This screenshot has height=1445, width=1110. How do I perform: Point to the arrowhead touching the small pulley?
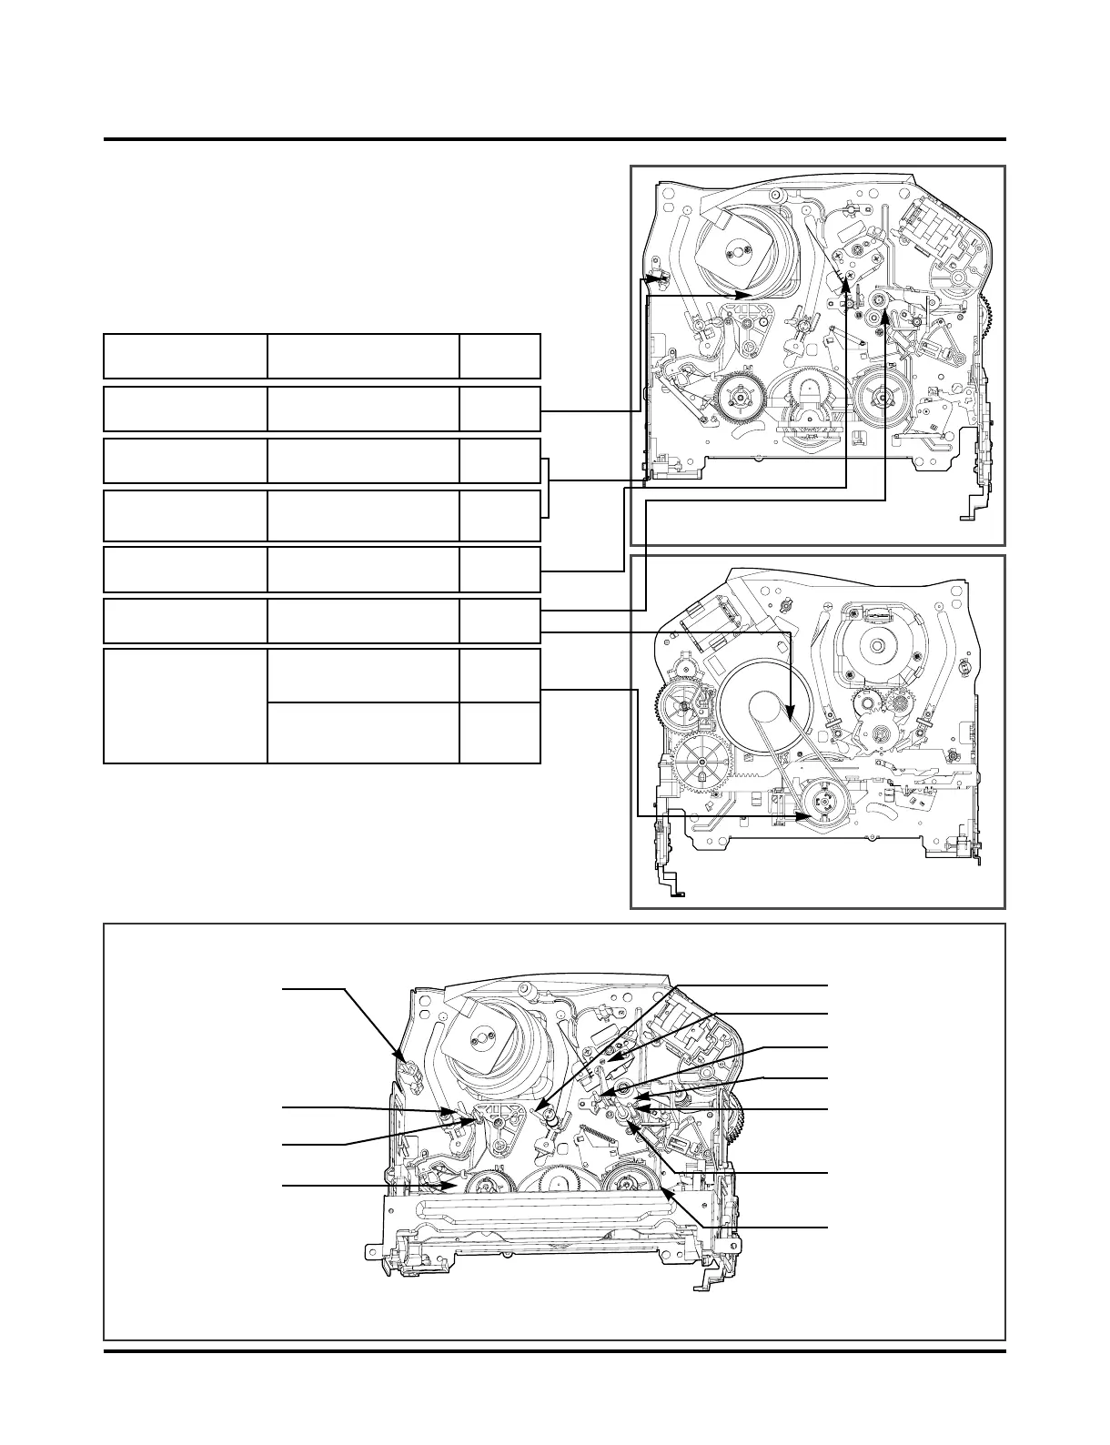click(x=804, y=817)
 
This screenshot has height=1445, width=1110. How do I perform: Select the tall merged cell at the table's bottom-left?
click(x=185, y=705)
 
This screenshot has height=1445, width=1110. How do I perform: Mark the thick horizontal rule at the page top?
click(x=555, y=139)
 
